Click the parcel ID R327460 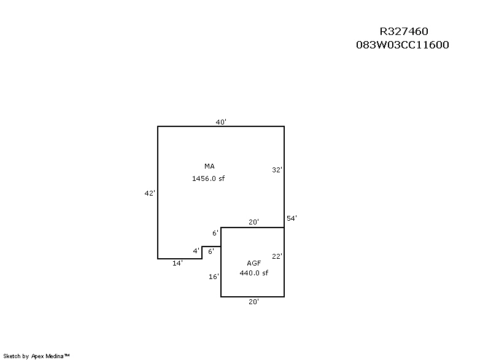point(403,32)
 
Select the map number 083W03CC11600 point(403,45)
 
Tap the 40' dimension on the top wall point(221,122)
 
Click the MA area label point(209,166)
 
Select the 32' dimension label point(277,170)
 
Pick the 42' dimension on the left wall point(149,193)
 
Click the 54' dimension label point(292,218)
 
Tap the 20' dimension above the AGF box point(253,222)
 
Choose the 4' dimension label point(196,251)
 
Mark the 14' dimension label point(177,263)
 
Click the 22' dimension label point(277,256)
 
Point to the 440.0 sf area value point(253,273)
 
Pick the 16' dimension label point(214,277)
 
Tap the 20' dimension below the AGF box point(253,302)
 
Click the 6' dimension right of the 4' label point(211,251)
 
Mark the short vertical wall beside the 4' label point(202,253)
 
